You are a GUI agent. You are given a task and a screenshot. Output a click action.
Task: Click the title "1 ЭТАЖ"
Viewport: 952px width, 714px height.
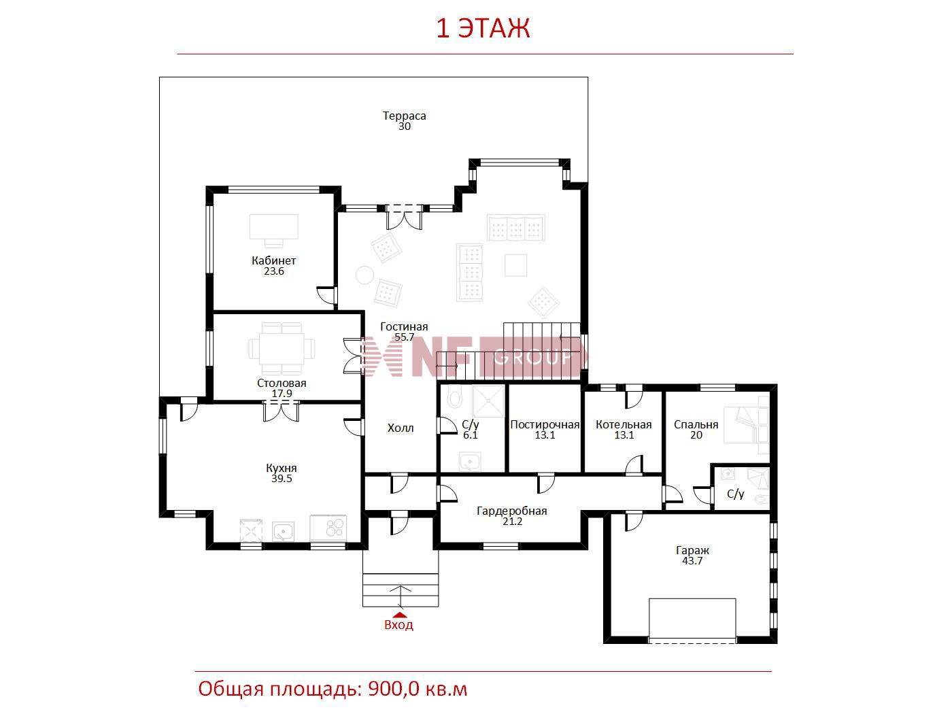[x=482, y=29]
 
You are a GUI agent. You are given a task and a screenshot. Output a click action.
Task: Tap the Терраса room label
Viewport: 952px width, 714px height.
[x=404, y=116]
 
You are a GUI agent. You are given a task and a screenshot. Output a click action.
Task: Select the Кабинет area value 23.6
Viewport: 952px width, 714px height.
[x=273, y=271]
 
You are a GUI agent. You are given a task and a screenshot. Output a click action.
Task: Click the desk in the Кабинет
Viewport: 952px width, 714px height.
[x=273, y=231]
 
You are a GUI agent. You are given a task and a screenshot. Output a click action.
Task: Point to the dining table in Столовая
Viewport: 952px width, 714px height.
[x=282, y=349]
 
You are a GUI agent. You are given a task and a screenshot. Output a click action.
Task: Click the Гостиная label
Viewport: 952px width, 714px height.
[x=404, y=326]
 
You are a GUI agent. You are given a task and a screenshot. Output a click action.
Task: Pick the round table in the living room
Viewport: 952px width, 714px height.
[x=364, y=275]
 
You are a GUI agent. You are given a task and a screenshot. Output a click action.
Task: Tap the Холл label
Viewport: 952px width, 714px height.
[x=401, y=428]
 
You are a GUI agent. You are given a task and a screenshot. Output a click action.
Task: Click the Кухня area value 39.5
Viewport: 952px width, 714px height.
[x=282, y=479]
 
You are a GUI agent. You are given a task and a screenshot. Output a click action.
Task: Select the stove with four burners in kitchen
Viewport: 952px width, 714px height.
[x=328, y=528]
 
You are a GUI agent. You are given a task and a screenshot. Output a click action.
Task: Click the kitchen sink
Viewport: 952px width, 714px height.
[x=283, y=531]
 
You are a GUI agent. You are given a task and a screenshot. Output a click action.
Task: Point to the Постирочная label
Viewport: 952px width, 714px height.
[x=545, y=425]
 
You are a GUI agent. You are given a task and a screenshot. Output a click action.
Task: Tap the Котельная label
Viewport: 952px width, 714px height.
[x=624, y=425]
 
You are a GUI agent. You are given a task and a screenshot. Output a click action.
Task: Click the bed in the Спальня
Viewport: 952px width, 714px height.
[x=746, y=424]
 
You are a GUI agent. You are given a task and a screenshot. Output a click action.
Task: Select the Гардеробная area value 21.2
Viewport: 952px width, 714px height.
[x=512, y=522]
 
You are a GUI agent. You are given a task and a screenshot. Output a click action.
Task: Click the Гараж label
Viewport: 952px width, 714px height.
[x=692, y=551]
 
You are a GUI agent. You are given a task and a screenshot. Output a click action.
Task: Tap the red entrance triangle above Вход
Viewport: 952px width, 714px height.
[x=399, y=614]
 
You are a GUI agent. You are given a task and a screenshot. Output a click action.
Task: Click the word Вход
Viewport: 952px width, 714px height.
[x=398, y=625]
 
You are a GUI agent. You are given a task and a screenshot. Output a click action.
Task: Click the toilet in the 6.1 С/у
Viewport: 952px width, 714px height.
[x=454, y=396]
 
